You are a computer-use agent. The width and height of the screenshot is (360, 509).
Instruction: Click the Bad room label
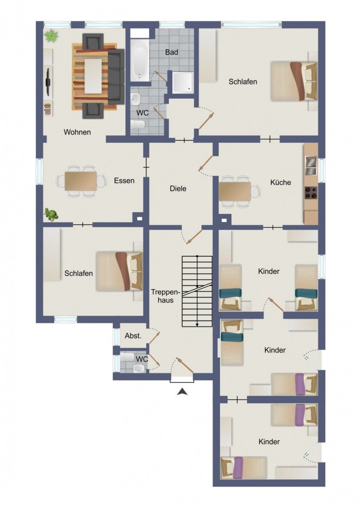tap(171, 52)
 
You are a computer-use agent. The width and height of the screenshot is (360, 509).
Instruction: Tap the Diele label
tap(178, 188)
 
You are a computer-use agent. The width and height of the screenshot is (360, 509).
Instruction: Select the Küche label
tap(281, 182)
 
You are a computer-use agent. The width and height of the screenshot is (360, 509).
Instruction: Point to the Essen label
tap(124, 181)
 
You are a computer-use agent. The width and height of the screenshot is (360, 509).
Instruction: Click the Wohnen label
tap(77, 132)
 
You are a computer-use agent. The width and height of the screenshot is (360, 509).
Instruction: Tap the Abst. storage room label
tap(133, 336)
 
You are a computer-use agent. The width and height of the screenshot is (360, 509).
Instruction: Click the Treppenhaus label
tap(166, 296)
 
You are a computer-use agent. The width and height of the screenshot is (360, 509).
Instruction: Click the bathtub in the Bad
tap(140, 60)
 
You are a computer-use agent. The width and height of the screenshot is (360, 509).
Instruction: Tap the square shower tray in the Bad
tap(183, 83)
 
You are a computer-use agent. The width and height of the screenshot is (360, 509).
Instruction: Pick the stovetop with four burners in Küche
tap(311, 193)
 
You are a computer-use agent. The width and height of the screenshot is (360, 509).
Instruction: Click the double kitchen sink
tap(311, 165)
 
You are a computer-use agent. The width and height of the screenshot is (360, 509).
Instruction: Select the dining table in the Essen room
tap(81, 181)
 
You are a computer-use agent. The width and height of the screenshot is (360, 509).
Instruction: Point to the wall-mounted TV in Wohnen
tap(48, 82)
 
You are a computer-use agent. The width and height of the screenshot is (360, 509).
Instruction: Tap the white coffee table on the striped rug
tap(93, 76)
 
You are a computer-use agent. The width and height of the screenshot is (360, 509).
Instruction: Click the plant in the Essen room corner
tap(51, 214)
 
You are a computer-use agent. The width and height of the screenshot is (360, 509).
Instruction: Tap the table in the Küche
tap(235, 191)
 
